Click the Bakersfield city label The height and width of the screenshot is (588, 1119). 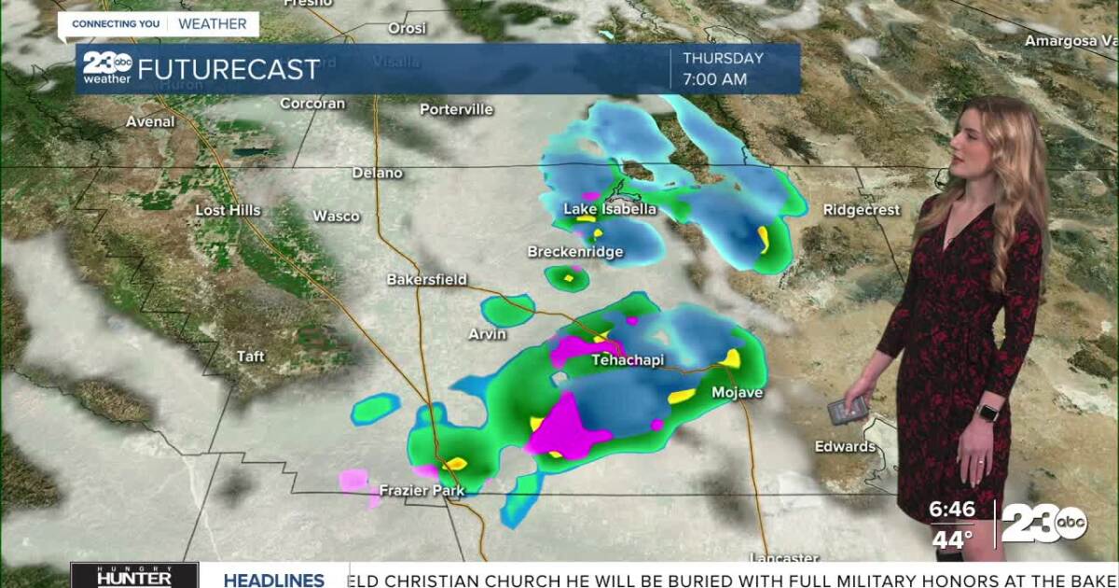click(427, 280)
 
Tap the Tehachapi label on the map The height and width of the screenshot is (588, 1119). click(628, 360)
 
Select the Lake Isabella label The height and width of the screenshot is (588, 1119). click(610, 209)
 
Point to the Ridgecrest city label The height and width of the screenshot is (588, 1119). click(861, 210)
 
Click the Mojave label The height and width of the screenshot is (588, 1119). click(737, 393)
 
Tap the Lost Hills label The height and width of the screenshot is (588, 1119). click(228, 211)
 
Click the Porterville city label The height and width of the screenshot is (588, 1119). click(456, 109)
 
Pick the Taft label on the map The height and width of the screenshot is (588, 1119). click(251, 357)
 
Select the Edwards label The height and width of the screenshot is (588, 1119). click(845, 447)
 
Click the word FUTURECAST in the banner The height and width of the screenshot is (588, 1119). click(228, 69)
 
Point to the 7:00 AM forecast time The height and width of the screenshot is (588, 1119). click(714, 80)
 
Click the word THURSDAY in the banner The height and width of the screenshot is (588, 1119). click(723, 58)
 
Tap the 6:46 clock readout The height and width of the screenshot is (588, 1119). click(952, 510)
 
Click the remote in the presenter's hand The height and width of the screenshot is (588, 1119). click(848, 409)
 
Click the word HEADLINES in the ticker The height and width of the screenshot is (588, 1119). click(274, 580)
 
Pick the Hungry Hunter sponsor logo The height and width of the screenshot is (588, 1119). click(134, 575)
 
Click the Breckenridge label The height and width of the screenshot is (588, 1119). click(575, 252)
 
